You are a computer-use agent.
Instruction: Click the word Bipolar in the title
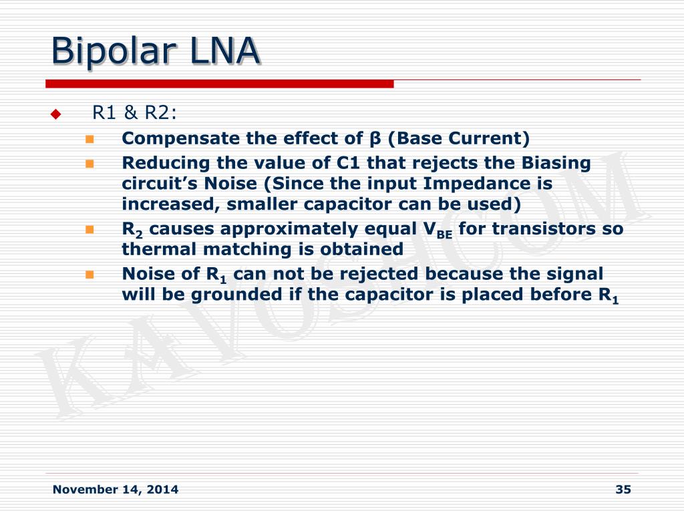click(114, 51)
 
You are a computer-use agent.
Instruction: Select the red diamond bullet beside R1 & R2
click(56, 114)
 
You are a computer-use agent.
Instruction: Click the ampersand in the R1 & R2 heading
click(130, 112)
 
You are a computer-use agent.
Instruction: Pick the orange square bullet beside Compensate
click(90, 140)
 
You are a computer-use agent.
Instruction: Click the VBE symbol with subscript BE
click(438, 230)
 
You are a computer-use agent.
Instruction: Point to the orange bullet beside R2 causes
click(90, 230)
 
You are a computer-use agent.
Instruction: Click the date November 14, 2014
click(115, 490)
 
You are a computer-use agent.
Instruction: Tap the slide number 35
click(623, 490)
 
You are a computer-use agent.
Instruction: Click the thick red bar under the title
click(219, 83)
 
